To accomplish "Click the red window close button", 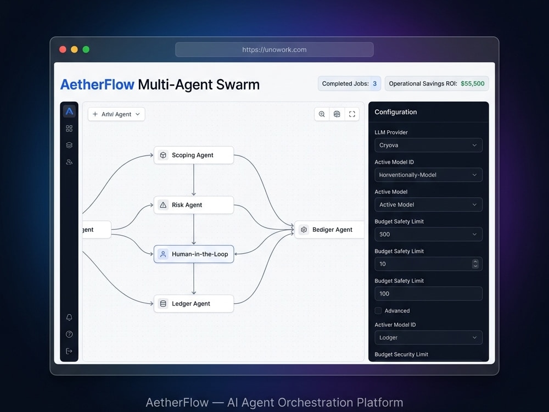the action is click(63, 49).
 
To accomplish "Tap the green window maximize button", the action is click(86, 49).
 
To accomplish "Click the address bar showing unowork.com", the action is click(274, 49).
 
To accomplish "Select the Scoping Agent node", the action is click(194, 155).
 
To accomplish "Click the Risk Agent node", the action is click(194, 205).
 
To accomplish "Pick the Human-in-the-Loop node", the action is click(194, 254).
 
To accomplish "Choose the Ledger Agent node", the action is click(194, 303).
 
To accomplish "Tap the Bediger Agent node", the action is click(329, 230).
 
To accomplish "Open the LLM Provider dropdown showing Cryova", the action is click(428, 145).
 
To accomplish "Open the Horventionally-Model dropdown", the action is click(428, 175).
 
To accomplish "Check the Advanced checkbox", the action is click(378, 311).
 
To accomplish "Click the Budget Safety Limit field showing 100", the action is click(428, 293).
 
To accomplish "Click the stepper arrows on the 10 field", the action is click(475, 264).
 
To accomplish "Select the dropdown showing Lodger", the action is click(428, 337).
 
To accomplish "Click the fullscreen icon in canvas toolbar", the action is click(352, 114).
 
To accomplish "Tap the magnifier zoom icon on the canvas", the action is click(322, 114).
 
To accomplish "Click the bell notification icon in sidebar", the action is click(69, 318).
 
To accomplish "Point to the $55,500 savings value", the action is click(472, 83).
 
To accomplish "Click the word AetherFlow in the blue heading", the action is click(97, 85).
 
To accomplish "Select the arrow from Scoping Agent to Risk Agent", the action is click(194, 180).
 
